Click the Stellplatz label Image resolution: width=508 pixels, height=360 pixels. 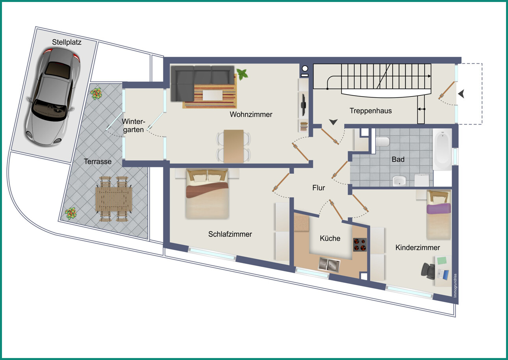tap(67, 42)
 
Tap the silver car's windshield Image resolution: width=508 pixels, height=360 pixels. tap(49, 109)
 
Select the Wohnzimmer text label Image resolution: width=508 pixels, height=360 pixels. tap(251, 114)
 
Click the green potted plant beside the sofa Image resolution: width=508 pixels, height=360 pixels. tap(242, 74)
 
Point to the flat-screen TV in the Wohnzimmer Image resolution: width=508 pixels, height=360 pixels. tap(303, 105)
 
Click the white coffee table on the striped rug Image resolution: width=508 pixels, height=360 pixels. tap(213, 95)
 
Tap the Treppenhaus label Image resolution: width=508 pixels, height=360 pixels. tap(371, 111)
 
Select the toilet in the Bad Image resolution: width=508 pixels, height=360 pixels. tap(382, 141)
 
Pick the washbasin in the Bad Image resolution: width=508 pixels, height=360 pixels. tap(399, 181)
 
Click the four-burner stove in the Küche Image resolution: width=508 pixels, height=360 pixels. tap(360, 245)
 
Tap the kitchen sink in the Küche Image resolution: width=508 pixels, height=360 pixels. tap(330, 264)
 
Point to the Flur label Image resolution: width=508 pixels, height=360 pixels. tap(319, 187)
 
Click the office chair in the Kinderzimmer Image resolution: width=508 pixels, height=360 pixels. tap(428, 271)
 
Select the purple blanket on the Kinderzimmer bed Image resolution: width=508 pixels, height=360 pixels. tap(439, 208)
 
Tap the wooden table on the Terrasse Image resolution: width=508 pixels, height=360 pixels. tap(114, 199)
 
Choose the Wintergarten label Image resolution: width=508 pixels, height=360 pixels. tap(133, 125)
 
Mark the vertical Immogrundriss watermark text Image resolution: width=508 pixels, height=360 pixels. tap(455, 286)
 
